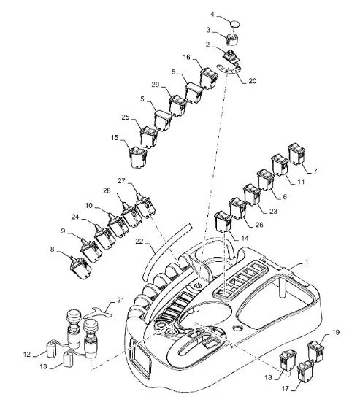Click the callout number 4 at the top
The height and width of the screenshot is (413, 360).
212,14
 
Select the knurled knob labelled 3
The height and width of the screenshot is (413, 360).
232,39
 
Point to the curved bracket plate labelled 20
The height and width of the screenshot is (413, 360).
229,70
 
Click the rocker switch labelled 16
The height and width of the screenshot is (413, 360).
208,78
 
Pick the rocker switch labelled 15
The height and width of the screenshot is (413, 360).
138,157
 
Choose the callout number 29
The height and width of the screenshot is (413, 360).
156,85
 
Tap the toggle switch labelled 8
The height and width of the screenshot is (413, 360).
80,267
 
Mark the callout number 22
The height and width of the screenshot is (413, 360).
139,242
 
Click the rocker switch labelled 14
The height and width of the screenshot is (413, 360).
223,222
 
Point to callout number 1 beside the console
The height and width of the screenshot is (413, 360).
307,262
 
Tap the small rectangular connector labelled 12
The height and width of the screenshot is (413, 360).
52,350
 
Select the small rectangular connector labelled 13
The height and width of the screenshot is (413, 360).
69,359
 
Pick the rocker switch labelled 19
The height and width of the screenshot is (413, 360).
315,351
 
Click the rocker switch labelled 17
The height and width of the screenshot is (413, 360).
305,372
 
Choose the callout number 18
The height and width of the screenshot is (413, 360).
268,377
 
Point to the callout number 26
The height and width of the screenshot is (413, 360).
259,225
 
